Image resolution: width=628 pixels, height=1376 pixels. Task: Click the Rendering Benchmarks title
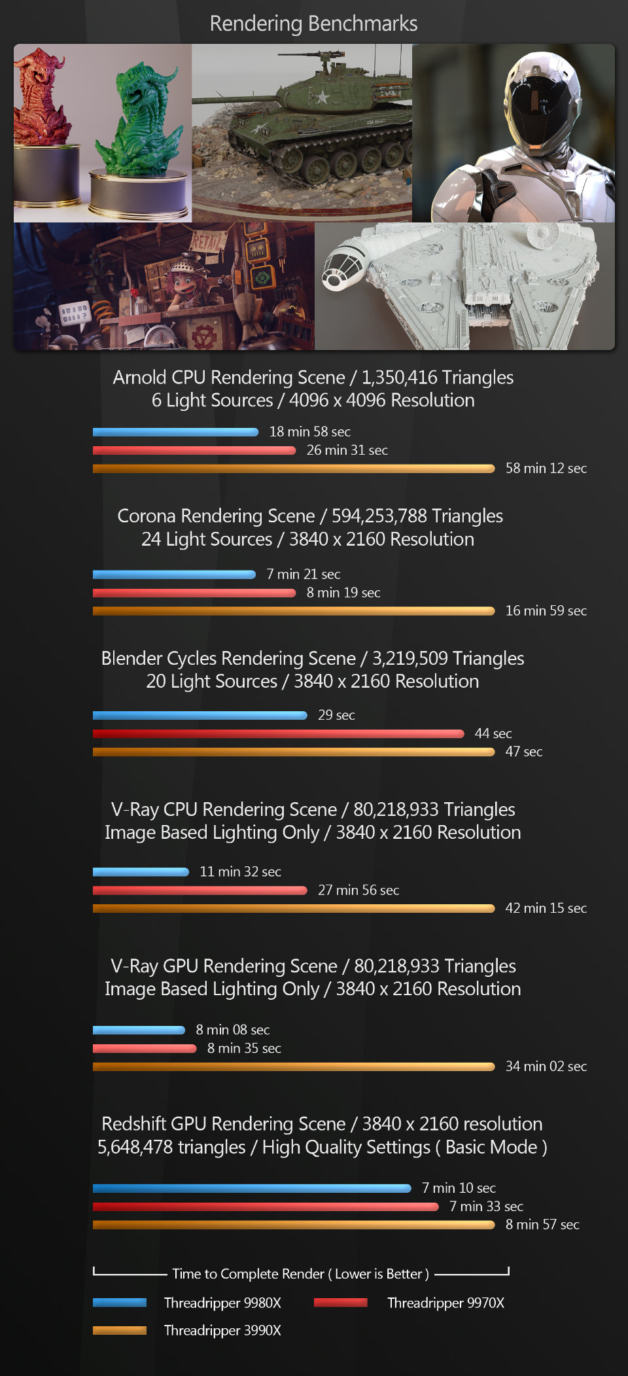(313, 24)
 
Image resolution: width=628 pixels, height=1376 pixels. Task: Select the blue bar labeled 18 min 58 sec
(176, 432)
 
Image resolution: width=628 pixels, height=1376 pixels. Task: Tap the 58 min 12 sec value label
(546, 468)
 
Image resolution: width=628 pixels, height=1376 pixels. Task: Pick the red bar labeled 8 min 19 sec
(194, 593)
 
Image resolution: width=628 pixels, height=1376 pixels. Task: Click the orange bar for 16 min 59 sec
(294, 611)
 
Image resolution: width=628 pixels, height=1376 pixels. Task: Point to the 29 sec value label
(336, 715)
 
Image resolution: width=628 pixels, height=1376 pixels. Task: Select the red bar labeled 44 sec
(279, 733)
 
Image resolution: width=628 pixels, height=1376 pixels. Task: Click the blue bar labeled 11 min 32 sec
(141, 872)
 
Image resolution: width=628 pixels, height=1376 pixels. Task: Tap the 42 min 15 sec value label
(546, 908)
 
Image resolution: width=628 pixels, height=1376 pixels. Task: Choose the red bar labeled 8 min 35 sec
(145, 1048)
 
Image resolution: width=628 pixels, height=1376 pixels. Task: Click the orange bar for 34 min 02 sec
(294, 1067)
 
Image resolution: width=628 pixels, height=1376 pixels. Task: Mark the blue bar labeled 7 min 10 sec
(252, 1188)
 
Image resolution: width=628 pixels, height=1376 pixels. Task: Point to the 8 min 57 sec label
(542, 1224)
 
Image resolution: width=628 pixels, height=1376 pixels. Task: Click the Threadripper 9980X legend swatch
(120, 1302)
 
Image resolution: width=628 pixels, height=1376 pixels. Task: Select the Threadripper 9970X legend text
(445, 1303)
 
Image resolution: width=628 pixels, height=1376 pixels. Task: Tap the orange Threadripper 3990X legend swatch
(120, 1330)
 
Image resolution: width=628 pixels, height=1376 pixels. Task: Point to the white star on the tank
(321, 97)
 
